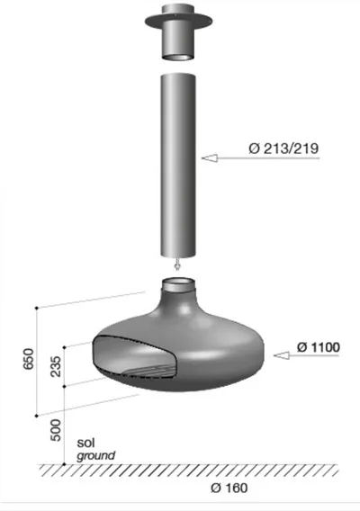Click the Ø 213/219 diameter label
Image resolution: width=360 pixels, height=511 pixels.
point(283,148)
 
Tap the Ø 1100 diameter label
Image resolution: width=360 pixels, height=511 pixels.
point(319,347)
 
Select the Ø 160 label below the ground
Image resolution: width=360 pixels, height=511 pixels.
point(229,488)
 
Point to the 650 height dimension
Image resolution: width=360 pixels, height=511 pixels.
point(29,359)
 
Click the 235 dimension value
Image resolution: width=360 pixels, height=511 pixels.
point(56,366)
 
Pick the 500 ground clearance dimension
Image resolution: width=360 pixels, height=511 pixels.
point(56,430)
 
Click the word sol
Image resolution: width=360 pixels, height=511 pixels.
point(85,443)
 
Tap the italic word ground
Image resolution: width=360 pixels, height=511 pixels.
point(96,455)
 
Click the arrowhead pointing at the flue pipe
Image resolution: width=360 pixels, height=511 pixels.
point(210,158)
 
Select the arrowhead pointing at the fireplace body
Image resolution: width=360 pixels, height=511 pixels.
point(282,355)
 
